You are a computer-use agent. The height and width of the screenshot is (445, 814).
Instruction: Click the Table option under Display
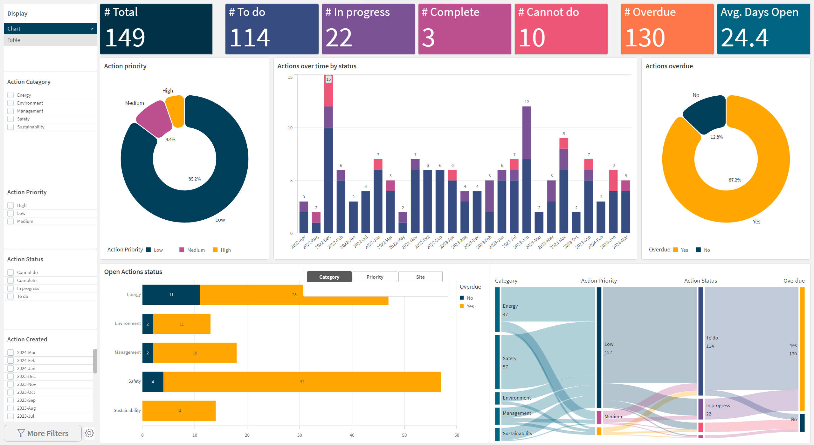(x=14, y=40)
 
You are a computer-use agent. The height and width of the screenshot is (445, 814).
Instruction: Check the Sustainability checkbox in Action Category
(x=10, y=127)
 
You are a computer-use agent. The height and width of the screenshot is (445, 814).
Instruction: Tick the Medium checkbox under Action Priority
(x=10, y=221)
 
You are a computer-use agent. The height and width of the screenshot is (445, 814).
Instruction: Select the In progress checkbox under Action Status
(x=10, y=288)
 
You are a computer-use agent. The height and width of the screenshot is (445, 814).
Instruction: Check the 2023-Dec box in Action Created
(x=10, y=376)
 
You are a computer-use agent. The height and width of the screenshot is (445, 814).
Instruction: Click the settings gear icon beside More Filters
(x=89, y=433)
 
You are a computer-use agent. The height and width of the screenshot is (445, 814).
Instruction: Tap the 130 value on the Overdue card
(x=645, y=38)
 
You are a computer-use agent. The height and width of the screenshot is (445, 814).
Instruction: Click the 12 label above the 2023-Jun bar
(x=527, y=102)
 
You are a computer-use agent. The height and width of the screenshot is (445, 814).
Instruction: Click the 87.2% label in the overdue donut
(x=735, y=180)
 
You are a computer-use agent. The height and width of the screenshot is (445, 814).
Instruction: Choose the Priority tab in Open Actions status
(x=375, y=277)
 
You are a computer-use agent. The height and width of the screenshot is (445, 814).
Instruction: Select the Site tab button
(x=420, y=277)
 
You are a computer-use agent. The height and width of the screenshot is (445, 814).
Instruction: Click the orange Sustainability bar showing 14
(x=179, y=411)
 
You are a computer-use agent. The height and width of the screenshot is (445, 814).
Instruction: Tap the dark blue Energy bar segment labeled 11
(x=171, y=295)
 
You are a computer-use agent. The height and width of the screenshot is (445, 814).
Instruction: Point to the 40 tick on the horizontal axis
(x=352, y=435)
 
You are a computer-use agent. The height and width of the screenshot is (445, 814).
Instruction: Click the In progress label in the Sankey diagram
(x=718, y=406)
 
